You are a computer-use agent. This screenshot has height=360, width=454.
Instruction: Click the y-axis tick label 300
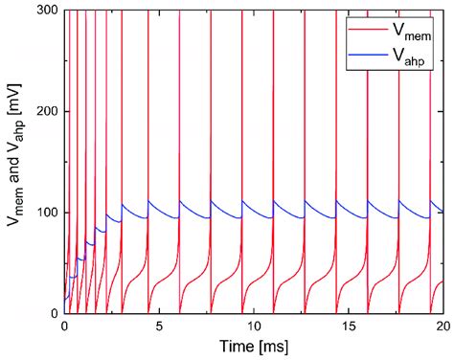coord(44,11)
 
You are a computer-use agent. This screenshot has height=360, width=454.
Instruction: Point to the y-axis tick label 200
coord(44,112)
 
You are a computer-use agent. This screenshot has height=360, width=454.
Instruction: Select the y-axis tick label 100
coord(44,213)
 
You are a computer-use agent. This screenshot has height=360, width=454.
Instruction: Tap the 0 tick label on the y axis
coord(53,313)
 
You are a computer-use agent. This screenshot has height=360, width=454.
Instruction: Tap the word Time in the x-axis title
coord(237,347)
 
